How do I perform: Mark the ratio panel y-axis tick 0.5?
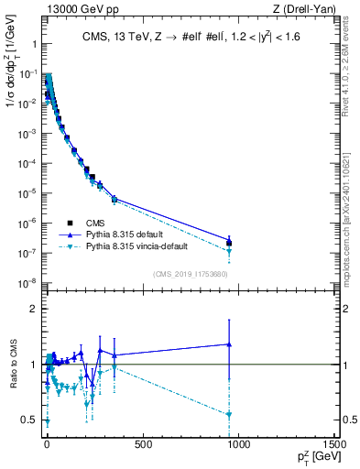30,420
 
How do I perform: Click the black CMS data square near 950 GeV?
229,244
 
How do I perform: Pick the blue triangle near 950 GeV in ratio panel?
229,344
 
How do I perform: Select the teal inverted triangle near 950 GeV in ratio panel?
229,415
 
